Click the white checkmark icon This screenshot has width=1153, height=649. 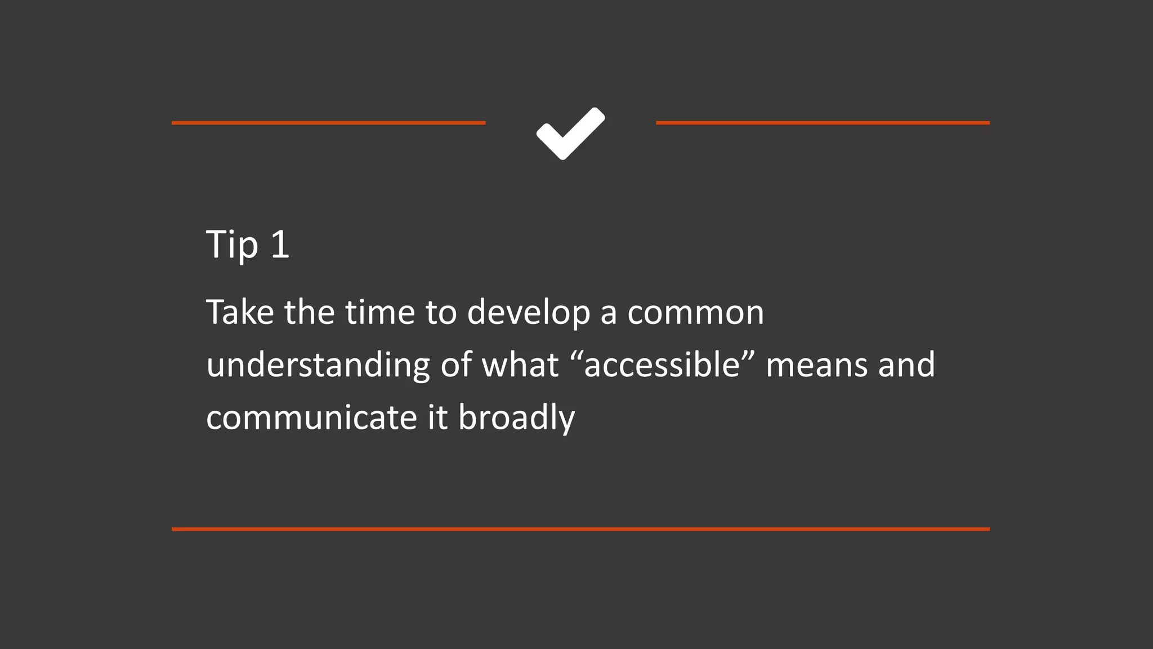click(x=570, y=133)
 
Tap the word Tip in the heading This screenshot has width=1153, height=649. click(x=232, y=245)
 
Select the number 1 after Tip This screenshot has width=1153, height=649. click(x=280, y=245)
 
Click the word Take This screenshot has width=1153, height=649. click(x=240, y=312)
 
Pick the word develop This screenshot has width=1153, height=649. click(x=529, y=313)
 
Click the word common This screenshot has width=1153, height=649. click(x=695, y=313)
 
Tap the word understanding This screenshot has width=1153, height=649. click(x=318, y=366)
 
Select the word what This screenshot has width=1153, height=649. click(x=520, y=364)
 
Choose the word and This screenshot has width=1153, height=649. click(x=906, y=364)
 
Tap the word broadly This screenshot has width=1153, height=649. click(x=516, y=418)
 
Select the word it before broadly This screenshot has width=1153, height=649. click(x=437, y=418)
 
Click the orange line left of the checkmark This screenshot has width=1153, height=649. click(x=328, y=123)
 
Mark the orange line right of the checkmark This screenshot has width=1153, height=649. click(x=823, y=123)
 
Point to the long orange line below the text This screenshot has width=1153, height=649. click(x=580, y=529)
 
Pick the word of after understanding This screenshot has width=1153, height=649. click(x=456, y=364)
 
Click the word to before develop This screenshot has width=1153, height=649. click(x=441, y=313)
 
